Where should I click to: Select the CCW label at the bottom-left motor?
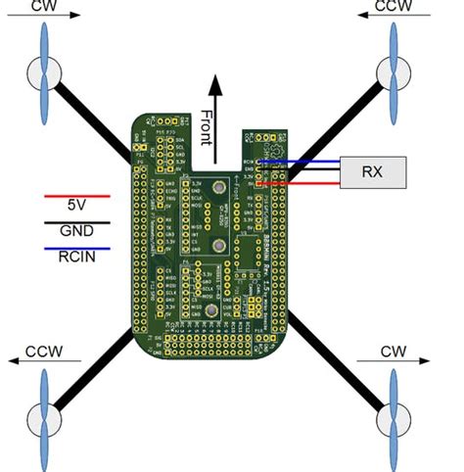coord(45,350)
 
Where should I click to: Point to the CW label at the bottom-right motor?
coord(394,350)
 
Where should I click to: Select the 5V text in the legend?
coord(75,208)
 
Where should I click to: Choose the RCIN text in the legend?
coord(75,260)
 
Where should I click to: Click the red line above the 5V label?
coord(76,196)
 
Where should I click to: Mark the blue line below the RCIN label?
coord(76,248)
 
